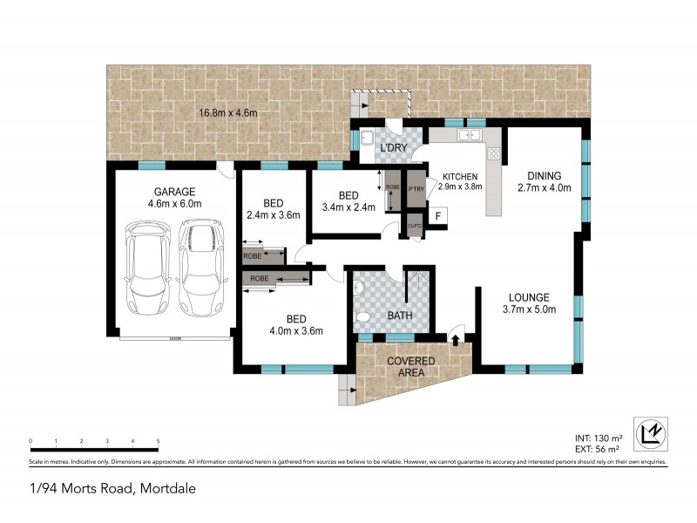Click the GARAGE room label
tap(174, 191)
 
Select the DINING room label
tap(544, 175)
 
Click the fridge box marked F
tap(438, 215)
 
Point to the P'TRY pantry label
tap(416, 187)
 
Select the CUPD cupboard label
tap(415, 227)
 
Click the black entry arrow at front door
tap(455, 336)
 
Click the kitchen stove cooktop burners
tap(494, 154)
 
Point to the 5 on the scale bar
tap(158, 441)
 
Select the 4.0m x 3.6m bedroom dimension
tap(296, 330)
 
